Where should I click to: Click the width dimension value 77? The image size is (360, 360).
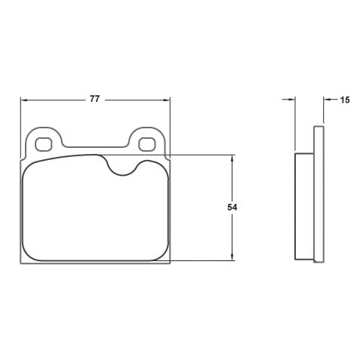[94, 99]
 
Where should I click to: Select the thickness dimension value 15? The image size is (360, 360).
[345, 99]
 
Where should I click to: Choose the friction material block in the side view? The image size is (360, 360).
[303, 205]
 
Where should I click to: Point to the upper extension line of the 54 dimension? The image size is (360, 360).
[200, 155]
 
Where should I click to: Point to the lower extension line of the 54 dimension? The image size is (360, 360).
[200, 261]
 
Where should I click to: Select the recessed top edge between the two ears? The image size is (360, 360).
[94, 146]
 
